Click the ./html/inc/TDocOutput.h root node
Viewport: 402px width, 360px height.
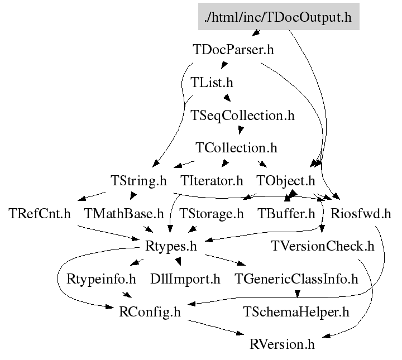point(278,17)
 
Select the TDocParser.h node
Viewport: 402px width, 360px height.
point(233,49)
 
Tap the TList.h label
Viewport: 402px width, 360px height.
point(212,83)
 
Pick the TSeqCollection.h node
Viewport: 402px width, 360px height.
point(242,116)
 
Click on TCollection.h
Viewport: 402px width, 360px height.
point(236,148)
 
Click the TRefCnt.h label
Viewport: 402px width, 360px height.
point(40,213)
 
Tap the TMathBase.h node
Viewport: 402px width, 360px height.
point(123,213)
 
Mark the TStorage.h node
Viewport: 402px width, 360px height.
point(212,213)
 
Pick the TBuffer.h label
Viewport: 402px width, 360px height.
point(286,213)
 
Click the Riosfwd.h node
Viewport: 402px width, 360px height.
point(361,213)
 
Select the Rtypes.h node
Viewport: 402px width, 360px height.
point(171,246)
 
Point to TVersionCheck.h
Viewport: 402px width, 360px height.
point(322,246)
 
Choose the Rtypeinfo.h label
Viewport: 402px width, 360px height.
point(101,279)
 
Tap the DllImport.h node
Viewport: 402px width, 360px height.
point(185,279)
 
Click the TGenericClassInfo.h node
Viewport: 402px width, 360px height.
point(296,279)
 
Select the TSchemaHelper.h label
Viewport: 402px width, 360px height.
point(296,311)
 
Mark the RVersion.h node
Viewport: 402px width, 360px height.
point(283,344)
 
